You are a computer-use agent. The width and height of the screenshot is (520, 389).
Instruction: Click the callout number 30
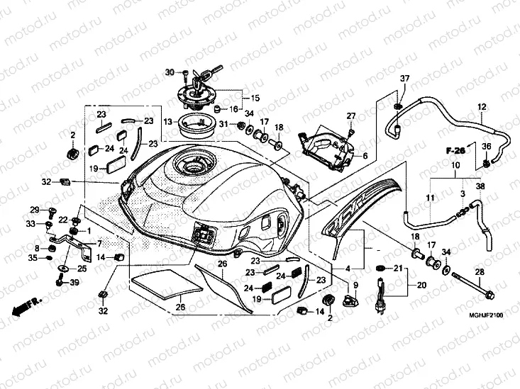[169, 72]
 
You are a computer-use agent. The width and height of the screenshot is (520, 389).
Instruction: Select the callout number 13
[168, 122]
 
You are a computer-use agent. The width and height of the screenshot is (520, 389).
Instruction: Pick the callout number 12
[482, 107]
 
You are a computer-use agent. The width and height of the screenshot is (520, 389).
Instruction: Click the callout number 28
[479, 272]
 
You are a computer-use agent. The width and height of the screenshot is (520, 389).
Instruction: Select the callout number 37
[405, 77]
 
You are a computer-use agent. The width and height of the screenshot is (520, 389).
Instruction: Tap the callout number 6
[365, 156]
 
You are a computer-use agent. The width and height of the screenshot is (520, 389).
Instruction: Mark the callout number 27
[350, 115]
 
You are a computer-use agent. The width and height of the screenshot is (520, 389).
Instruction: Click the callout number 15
[255, 97]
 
